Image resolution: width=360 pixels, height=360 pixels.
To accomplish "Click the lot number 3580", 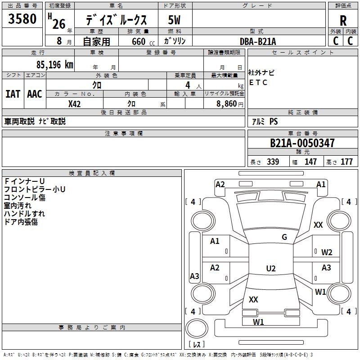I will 22,20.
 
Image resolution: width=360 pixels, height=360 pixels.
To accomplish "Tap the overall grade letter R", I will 343,21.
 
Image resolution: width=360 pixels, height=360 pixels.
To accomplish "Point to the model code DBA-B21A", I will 258,41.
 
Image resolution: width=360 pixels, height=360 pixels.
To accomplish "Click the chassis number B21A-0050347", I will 302,144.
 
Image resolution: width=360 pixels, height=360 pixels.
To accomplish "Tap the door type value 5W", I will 175,20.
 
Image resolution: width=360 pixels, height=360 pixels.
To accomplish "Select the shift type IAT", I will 13,94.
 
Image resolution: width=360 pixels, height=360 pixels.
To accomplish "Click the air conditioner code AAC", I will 34,94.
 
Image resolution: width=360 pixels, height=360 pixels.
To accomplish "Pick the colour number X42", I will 75,104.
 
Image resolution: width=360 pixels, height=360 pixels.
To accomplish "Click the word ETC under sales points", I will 258,83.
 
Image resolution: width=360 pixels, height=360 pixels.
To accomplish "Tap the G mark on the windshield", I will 284,237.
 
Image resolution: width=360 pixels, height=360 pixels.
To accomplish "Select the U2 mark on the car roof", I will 270,269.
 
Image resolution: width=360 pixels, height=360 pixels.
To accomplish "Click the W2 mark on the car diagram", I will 327,252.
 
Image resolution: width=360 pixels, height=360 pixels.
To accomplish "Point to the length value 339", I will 273,162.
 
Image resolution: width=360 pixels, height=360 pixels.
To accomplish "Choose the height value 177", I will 346,162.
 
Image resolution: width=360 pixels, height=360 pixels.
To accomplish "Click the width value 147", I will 310,162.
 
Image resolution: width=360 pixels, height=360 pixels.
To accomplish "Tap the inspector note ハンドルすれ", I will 24,214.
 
